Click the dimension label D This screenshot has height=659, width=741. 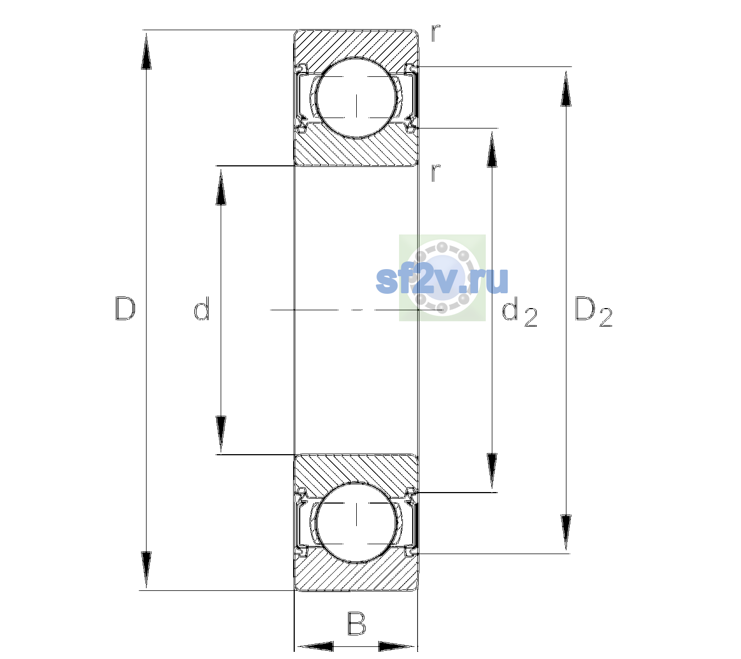coord(125,309)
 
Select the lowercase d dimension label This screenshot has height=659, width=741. coord(201,308)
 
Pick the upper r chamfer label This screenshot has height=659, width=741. coord(435,33)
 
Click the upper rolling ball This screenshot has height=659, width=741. coord(356,98)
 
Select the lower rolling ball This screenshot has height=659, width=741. coord(356,522)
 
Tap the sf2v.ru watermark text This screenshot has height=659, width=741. coord(442,280)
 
